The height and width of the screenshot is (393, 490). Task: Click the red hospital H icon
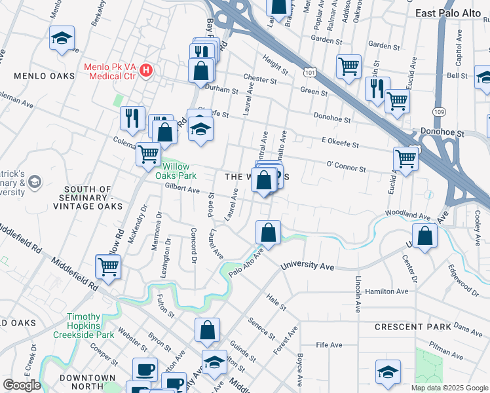[147, 69]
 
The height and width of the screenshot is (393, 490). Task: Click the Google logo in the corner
[21, 384]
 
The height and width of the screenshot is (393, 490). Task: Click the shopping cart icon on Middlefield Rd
[108, 266]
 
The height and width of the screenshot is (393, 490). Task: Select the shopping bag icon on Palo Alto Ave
[268, 232]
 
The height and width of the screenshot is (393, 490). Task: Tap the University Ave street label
[308, 267]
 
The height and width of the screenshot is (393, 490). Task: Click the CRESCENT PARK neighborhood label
[413, 326]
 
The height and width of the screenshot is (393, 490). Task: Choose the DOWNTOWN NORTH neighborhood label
[87, 378]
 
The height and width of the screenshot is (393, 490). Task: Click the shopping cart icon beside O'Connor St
[405, 159]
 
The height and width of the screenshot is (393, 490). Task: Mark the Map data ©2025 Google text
[449, 388]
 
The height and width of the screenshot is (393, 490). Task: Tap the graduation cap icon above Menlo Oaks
[62, 38]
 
